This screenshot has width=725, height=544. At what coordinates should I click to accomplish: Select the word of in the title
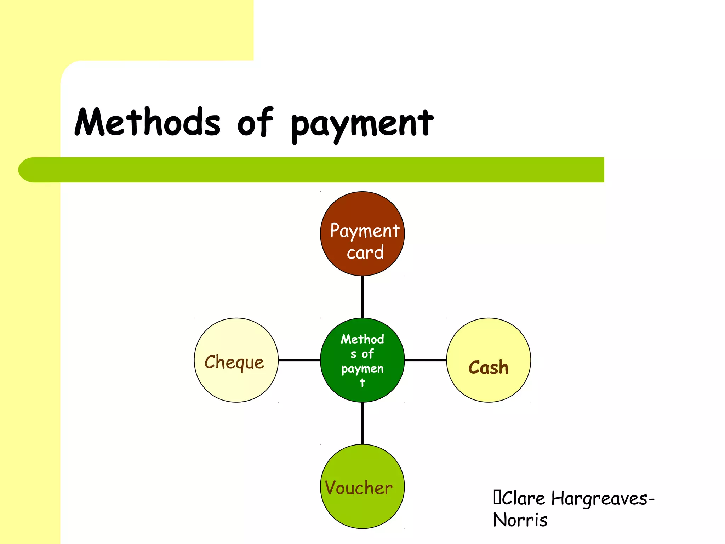point(255,122)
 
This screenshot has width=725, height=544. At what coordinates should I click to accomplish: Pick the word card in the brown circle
point(365,253)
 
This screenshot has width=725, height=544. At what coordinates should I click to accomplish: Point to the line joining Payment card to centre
point(362,297)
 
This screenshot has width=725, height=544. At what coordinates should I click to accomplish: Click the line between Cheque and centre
point(299,360)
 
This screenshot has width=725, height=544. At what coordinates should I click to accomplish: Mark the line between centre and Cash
point(425,360)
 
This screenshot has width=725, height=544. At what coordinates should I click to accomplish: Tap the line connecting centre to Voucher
point(362,423)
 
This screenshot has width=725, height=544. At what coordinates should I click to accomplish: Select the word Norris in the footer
point(520,520)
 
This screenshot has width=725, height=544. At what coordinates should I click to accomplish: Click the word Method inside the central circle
point(362,339)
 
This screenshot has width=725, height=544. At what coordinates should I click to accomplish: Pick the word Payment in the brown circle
point(365,231)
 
